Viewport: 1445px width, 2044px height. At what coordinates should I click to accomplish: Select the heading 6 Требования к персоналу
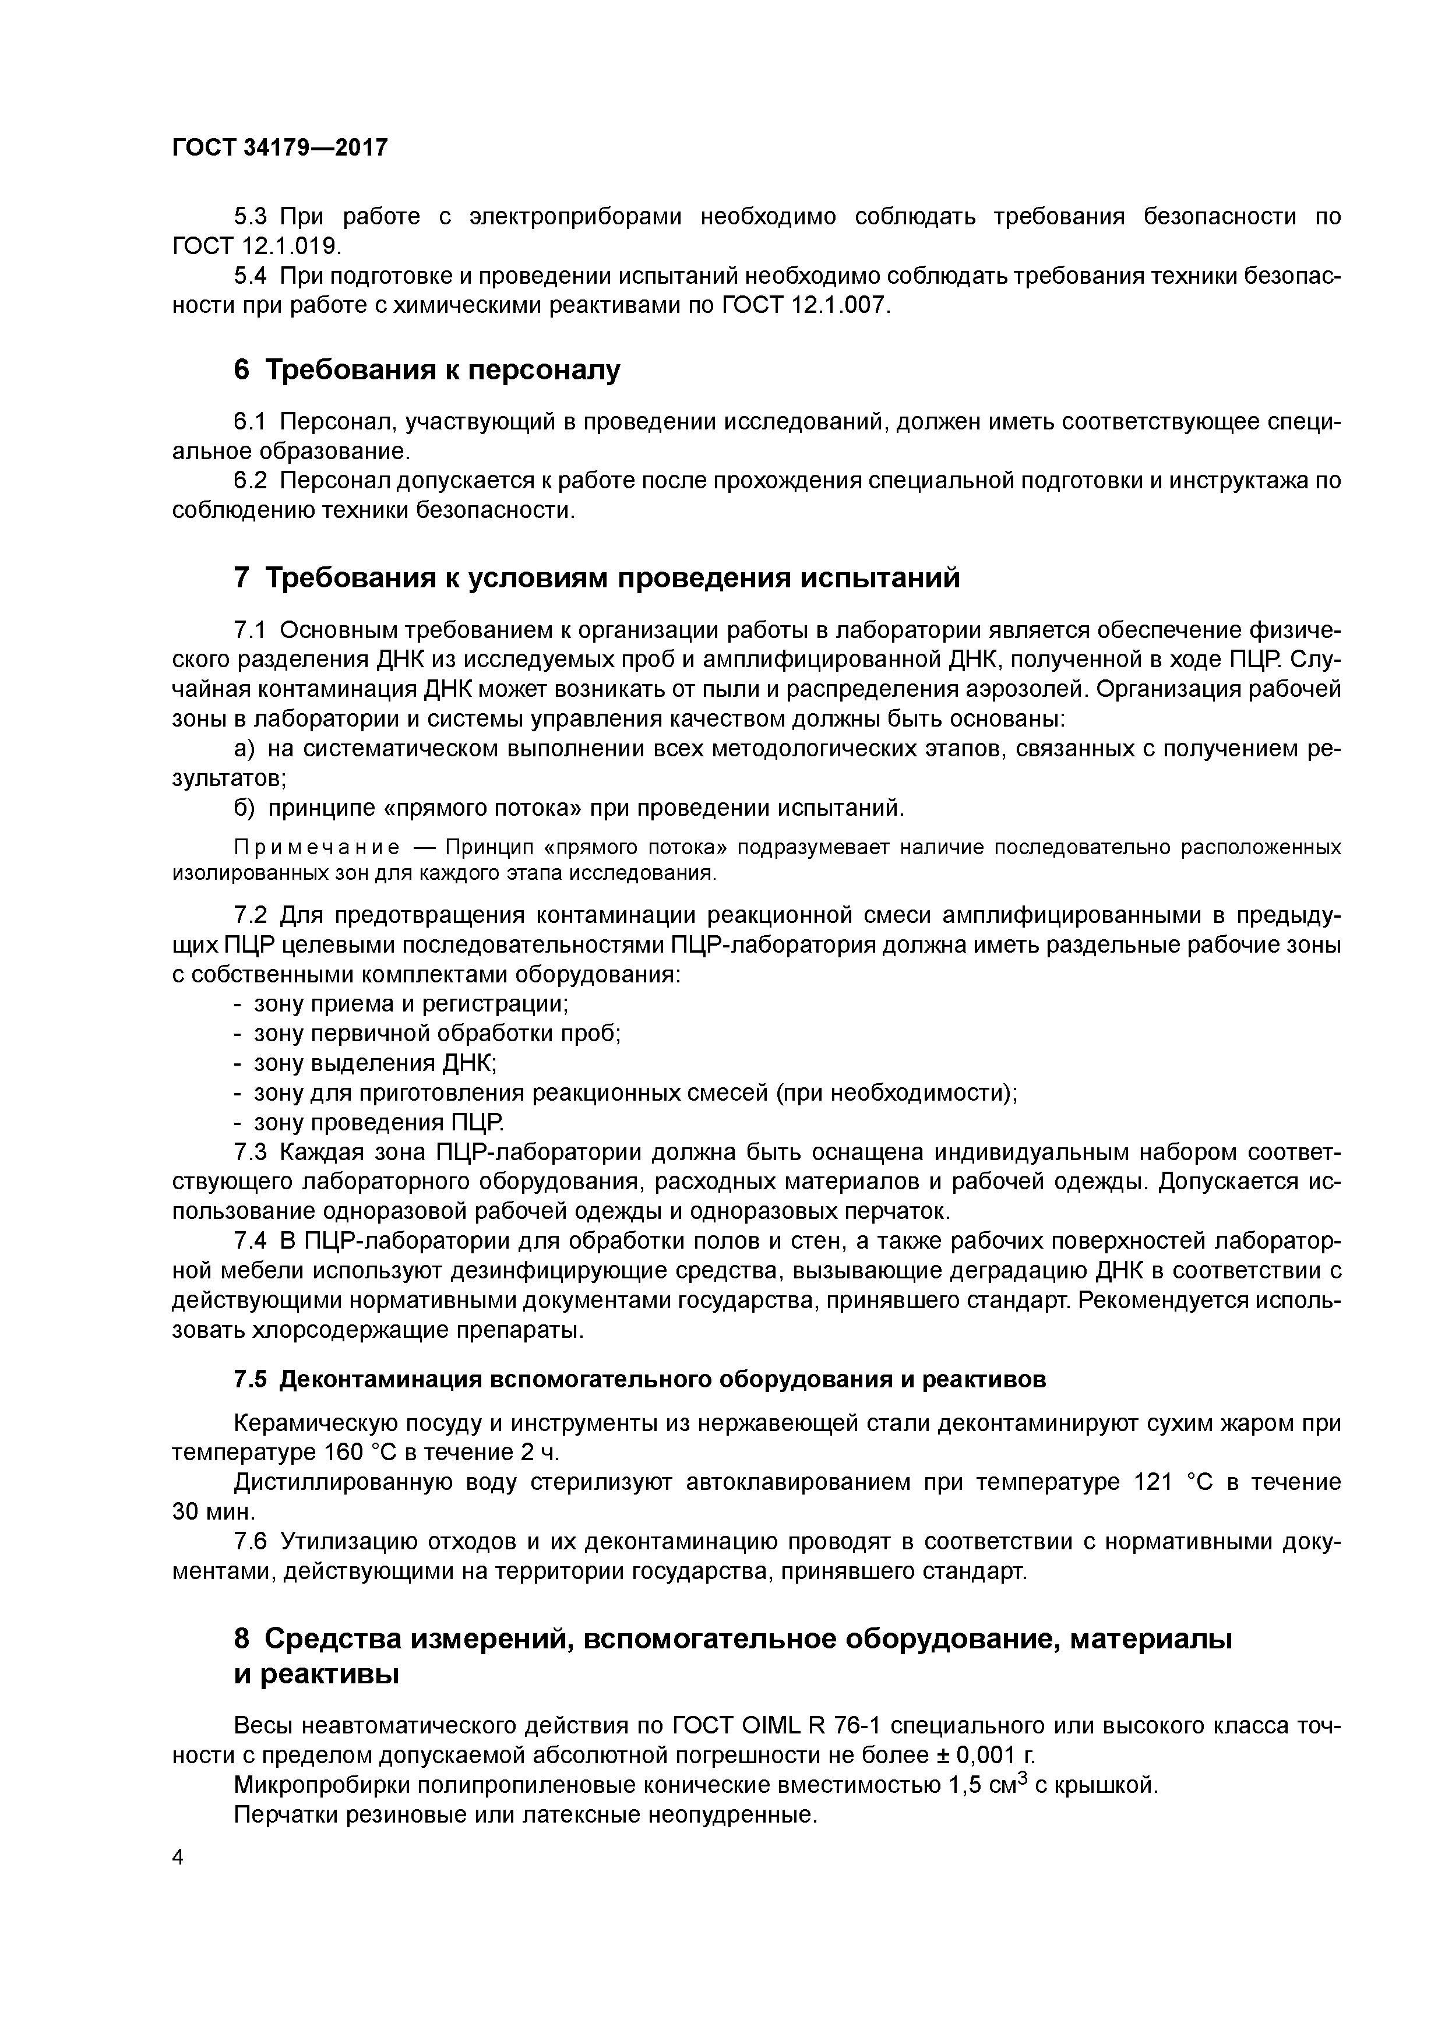427,369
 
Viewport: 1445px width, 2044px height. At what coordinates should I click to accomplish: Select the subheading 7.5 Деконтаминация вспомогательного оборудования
639,1379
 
